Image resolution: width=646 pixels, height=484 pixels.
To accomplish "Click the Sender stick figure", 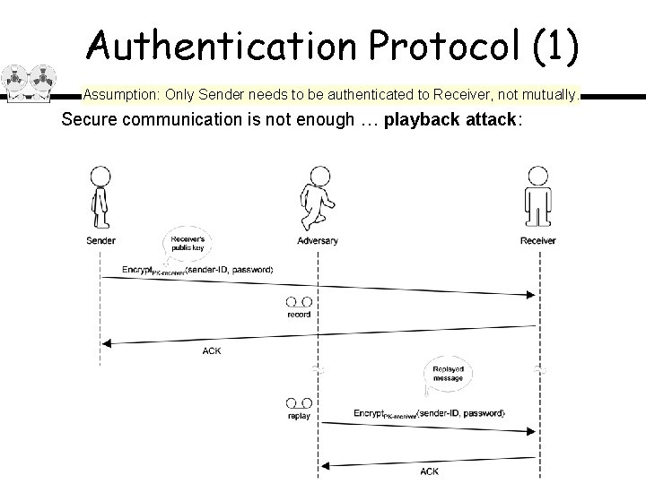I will tap(100, 198).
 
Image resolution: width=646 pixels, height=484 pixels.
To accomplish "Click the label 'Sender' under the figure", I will tap(100, 240).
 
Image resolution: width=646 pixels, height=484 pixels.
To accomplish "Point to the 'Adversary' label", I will tap(318, 240).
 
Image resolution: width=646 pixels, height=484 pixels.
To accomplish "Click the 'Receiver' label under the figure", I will tap(537, 240).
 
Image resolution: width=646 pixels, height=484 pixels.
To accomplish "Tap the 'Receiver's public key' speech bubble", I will tap(188, 245).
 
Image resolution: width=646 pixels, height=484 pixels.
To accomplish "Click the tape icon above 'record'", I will tap(300, 302).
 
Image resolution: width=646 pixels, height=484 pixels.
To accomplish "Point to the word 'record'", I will tap(300, 315).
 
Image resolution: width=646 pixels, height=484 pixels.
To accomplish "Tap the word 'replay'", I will tap(300, 417).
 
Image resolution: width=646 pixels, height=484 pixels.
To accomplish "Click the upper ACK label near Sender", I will tap(212, 350).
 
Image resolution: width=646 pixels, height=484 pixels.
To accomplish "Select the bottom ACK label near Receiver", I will tap(430, 471).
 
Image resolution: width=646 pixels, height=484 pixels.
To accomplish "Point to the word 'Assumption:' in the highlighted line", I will tap(121, 93).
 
